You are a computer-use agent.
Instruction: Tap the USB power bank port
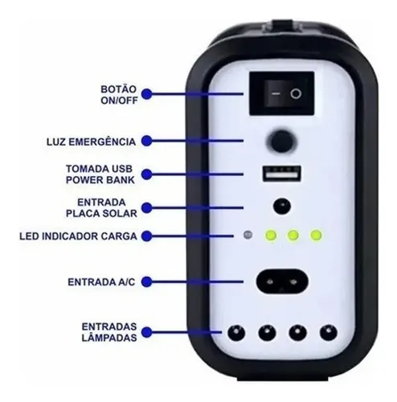coord(282,174)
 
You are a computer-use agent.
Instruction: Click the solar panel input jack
coord(282,207)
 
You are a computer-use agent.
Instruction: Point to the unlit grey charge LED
coord(248,235)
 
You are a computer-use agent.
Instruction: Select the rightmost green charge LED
coord(316,236)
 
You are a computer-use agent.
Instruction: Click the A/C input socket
coord(282,281)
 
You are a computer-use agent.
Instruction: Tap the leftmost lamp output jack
coord(236,333)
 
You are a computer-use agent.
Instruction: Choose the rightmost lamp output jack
coord(329,333)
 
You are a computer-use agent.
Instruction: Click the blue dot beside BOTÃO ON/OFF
coord(147,94)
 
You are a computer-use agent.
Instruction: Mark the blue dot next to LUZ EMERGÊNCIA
coord(147,141)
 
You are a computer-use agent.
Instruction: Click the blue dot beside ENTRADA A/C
coord(147,282)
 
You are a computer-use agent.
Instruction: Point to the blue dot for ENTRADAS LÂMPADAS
coord(147,332)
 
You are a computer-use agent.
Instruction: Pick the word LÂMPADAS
coord(109,338)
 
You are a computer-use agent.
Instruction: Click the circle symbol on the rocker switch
coord(296,94)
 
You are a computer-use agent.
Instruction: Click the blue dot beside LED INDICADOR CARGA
coord(147,236)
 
